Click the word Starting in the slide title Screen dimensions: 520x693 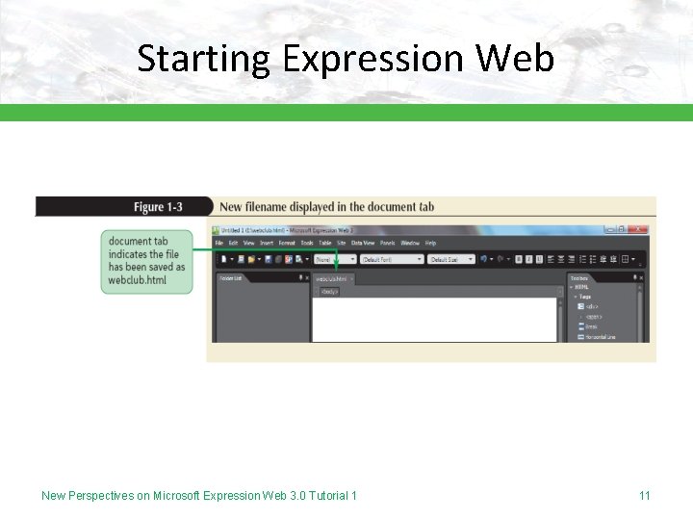[204, 60]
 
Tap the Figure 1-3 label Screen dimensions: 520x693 [158, 207]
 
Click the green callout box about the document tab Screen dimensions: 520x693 [146, 261]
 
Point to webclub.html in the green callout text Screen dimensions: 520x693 [137, 280]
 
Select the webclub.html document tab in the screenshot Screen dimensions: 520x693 [331, 278]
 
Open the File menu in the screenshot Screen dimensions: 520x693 [219, 244]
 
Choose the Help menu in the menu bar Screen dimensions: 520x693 [430, 244]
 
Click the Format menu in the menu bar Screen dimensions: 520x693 [287, 244]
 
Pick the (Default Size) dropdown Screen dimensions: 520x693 [451, 259]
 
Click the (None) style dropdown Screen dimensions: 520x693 [335, 259]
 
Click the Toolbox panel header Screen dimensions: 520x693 [579, 277]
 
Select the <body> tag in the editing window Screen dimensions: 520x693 [329, 290]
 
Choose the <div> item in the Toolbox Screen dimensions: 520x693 [591, 306]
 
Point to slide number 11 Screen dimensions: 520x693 [644, 496]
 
